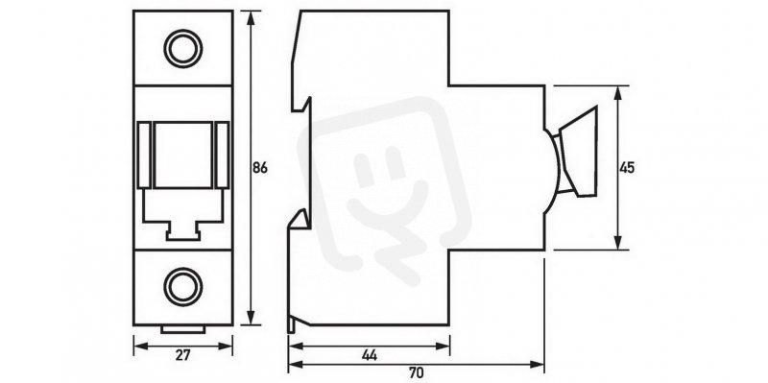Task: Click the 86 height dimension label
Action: (260, 168)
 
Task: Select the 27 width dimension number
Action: (182, 355)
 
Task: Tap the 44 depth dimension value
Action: (370, 355)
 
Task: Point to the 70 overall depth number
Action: (416, 373)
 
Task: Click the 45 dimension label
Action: (627, 168)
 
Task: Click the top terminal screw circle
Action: (183, 49)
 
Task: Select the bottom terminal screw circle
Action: (183, 287)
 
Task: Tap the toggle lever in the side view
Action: (579, 152)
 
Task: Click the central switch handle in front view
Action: (183, 155)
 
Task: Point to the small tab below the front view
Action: (183, 329)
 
